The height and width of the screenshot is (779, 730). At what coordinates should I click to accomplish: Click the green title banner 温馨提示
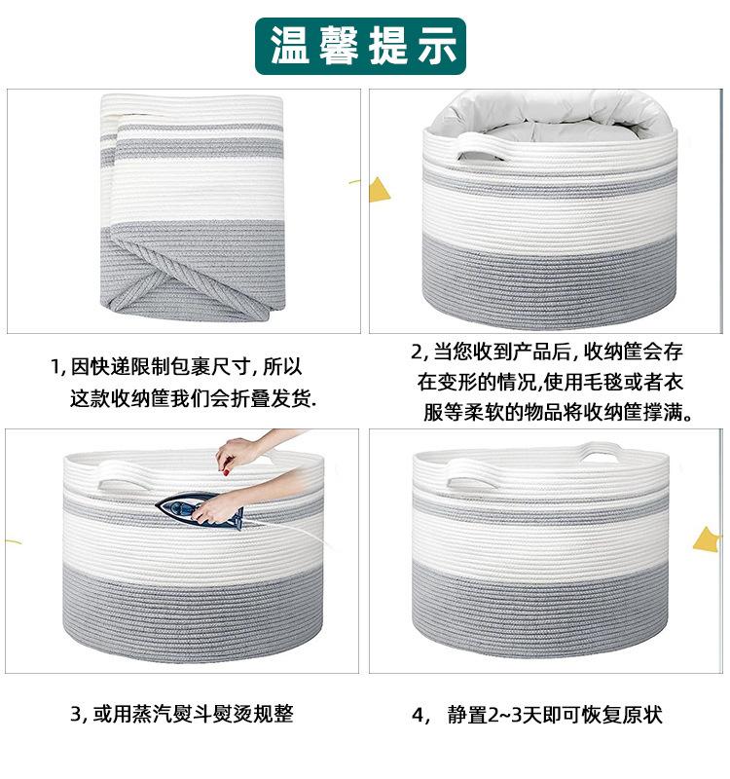(360, 46)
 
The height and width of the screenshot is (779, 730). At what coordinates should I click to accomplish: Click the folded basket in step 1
(193, 207)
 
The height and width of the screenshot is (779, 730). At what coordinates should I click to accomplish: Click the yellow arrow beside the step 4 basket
(708, 540)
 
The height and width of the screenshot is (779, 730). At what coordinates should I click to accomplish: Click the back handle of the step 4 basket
(601, 451)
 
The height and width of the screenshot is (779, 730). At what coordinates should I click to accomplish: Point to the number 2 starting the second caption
(418, 352)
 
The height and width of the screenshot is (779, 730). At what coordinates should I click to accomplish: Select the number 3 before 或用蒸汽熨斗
(76, 714)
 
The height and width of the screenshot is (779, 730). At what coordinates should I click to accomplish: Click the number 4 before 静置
(419, 716)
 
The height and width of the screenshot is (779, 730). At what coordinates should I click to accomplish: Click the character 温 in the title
(289, 46)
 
